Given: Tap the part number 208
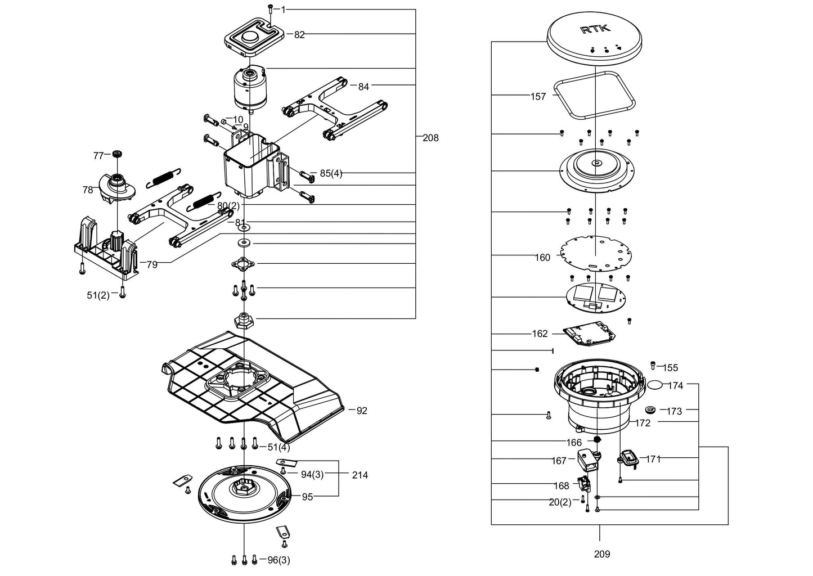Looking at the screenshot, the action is pos(430,138).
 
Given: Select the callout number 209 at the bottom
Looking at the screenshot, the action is pos(602,554).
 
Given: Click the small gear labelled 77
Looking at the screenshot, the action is pos(116,154).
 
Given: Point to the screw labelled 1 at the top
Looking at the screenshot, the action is pos(271,8).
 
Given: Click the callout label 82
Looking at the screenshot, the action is pos(299,35).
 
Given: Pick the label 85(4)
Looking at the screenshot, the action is pos(331,173).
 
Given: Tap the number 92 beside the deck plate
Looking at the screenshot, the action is pos(362,411).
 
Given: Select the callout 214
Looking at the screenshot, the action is pos(360,475).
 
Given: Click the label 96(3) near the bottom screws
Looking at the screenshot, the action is pos(279,560).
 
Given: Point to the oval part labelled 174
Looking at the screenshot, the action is pos(655,385).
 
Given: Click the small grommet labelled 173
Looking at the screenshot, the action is pos(650,409).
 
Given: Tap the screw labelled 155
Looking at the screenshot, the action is pos(653,365).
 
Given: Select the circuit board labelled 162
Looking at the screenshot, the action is pos(590,334).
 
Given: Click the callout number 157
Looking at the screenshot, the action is pos(538,97).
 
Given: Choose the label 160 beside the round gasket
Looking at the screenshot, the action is pos(542,258).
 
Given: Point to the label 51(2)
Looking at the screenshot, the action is pos(98,295).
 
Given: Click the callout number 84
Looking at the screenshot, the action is pos(363,87).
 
